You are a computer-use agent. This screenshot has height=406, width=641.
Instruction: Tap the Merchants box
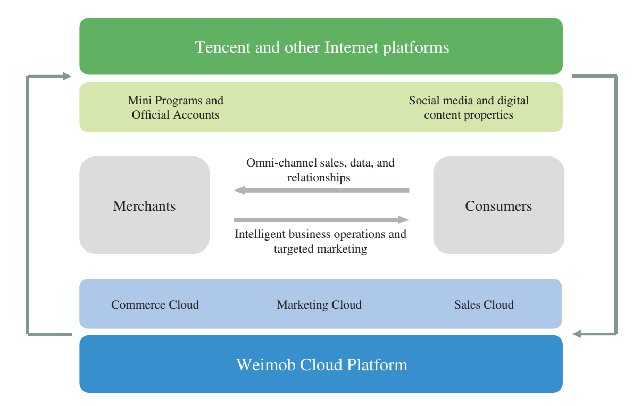(144, 205)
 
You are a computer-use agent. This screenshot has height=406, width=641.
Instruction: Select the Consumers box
(498, 205)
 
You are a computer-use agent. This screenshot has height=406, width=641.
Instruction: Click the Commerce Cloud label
(155, 304)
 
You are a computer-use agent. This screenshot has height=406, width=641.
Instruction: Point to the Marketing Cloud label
(319, 304)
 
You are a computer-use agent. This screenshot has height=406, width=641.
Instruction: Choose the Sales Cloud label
(484, 304)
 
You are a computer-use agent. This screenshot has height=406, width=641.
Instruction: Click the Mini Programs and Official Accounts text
(176, 107)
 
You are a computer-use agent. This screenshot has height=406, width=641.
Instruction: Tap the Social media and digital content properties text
(469, 107)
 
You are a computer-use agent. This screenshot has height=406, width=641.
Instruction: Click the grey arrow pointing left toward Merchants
(321, 190)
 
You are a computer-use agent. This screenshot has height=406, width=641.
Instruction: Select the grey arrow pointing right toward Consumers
(321, 220)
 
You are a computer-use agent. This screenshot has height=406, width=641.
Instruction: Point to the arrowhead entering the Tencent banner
(66, 76)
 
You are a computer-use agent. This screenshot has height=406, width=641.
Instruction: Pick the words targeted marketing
(320, 248)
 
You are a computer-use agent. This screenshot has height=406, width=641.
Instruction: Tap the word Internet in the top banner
(352, 47)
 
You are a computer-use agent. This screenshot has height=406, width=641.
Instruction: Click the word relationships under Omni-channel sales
(319, 177)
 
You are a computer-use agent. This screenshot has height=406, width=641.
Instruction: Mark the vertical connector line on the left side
(28, 205)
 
